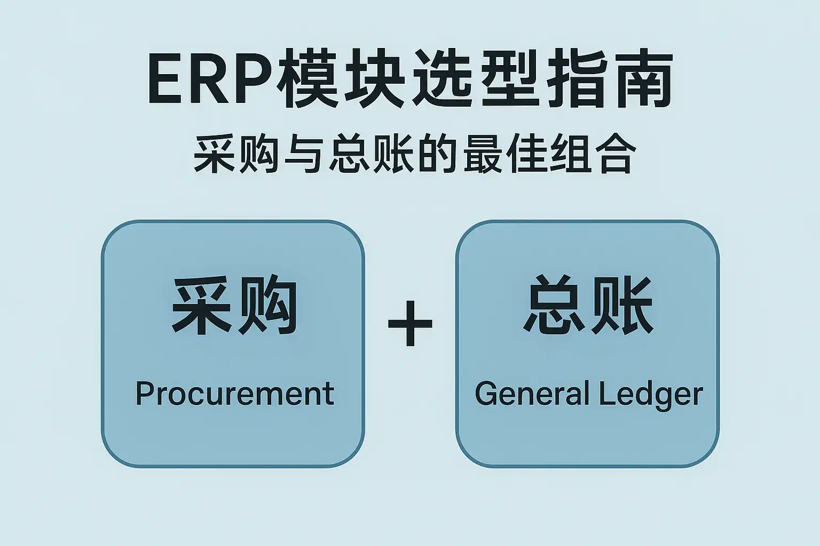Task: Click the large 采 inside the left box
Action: pos(201,305)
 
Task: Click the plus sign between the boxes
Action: pos(410,323)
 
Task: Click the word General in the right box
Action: pos(531,395)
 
